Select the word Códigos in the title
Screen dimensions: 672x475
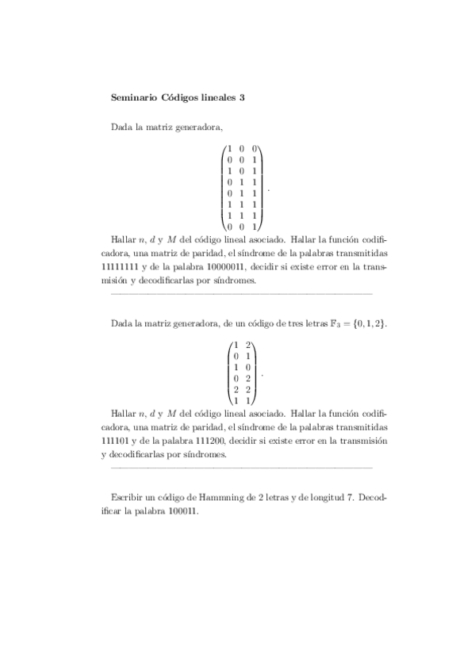tap(181, 97)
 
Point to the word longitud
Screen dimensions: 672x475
tap(321, 496)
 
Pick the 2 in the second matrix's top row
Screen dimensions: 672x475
tap(248, 346)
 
